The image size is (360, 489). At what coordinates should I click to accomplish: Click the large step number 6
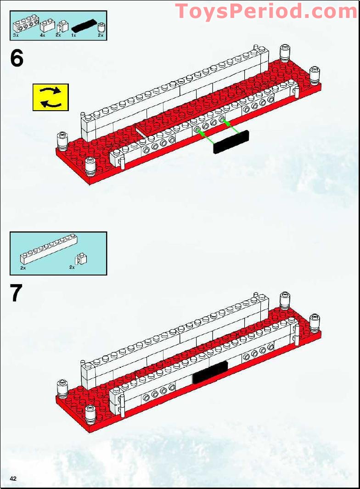click(x=17, y=58)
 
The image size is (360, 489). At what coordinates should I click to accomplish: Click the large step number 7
click(x=17, y=293)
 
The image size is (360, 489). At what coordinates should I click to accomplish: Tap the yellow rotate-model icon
click(x=51, y=97)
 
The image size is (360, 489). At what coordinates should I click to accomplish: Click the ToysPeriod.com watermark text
click(x=266, y=11)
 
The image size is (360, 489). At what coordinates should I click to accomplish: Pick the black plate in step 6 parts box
click(x=83, y=26)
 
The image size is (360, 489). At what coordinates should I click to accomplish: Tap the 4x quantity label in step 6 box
click(x=42, y=35)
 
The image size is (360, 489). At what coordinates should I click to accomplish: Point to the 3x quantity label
click(x=16, y=35)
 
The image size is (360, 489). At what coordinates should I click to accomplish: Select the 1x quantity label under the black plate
click(x=73, y=35)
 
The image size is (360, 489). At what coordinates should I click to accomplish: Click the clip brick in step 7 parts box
click(x=82, y=259)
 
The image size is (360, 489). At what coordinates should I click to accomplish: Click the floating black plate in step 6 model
click(x=231, y=142)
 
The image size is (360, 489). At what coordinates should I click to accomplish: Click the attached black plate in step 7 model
click(x=210, y=372)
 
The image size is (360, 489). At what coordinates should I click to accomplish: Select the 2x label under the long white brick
click(x=22, y=268)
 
